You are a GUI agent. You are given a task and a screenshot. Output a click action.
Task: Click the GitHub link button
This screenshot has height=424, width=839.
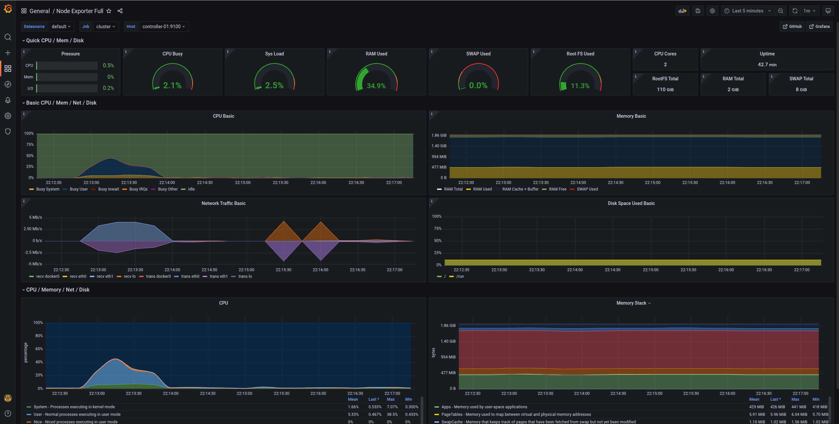pyautogui.click(x=792, y=27)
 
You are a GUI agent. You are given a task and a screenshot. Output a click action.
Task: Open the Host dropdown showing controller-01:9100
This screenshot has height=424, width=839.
pyautogui.click(x=164, y=27)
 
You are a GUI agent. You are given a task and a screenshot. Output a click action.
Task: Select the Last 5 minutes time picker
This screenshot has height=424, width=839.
pyautogui.click(x=747, y=11)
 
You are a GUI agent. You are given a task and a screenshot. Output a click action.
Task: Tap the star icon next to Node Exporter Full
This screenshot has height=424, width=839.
pyautogui.click(x=109, y=11)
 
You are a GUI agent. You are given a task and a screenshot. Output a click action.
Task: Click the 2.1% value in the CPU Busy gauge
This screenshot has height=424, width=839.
pyautogui.click(x=172, y=85)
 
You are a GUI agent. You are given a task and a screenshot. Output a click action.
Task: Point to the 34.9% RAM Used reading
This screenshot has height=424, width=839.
pyautogui.click(x=376, y=86)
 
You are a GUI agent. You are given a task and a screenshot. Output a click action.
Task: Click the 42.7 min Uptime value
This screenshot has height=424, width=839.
pyautogui.click(x=767, y=65)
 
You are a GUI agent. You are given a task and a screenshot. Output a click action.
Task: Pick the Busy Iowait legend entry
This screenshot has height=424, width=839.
pyautogui.click(x=108, y=189)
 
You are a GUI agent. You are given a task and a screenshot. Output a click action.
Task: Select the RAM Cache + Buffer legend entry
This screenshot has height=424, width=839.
pyautogui.click(x=520, y=189)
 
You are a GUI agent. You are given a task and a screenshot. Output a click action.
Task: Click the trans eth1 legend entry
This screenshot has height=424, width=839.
pyautogui.click(x=218, y=276)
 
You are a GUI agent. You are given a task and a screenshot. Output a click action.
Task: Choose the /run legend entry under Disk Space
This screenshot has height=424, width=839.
pyautogui.click(x=460, y=276)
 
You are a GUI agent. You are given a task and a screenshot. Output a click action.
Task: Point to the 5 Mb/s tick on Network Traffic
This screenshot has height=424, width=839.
pyautogui.click(x=35, y=217)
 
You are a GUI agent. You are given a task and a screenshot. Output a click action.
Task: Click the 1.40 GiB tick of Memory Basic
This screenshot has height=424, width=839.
pyautogui.click(x=439, y=146)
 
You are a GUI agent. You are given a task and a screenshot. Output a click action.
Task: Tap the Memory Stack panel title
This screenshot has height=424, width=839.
pyautogui.click(x=631, y=303)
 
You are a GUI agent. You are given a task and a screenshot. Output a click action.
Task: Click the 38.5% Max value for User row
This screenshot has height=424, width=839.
pyautogui.click(x=392, y=414)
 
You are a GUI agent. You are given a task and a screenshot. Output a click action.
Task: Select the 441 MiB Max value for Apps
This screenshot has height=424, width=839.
pyautogui.click(x=799, y=407)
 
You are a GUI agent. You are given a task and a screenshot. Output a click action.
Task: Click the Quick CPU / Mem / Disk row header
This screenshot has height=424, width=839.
pyautogui.click(x=55, y=40)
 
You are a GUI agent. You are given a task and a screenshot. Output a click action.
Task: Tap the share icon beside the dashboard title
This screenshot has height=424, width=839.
pyautogui.click(x=120, y=11)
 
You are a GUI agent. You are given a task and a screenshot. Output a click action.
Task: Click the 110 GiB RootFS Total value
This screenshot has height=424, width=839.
pyautogui.click(x=665, y=90)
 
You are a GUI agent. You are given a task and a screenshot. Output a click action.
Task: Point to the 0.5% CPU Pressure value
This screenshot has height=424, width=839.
pyautogui.click(x=108, y=66)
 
